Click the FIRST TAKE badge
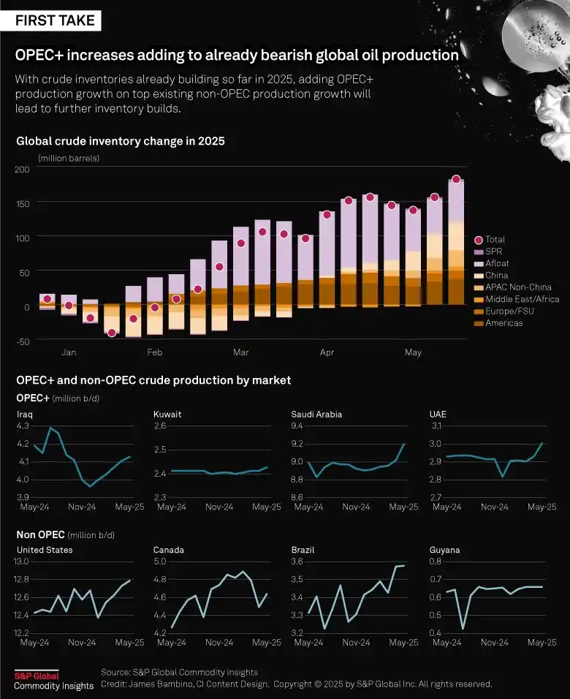click(56, 20)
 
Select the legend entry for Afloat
click(497, 263)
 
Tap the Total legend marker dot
click(479, 240)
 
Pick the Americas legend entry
click(503, 323)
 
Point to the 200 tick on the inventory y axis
click(22, 169)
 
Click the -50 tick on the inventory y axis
click(22, 341)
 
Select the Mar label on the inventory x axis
click(240, 353)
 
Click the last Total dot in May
click(456, 179)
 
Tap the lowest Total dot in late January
click(112, 333)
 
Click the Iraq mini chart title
click(24, 415)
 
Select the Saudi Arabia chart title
click(316, 415)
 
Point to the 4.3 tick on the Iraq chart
click(23, 426)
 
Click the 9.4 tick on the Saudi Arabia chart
click(297, 426)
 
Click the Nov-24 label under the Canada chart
click(218, 643)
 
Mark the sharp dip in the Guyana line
click(463, 627)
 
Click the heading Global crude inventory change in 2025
click(121, 141)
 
